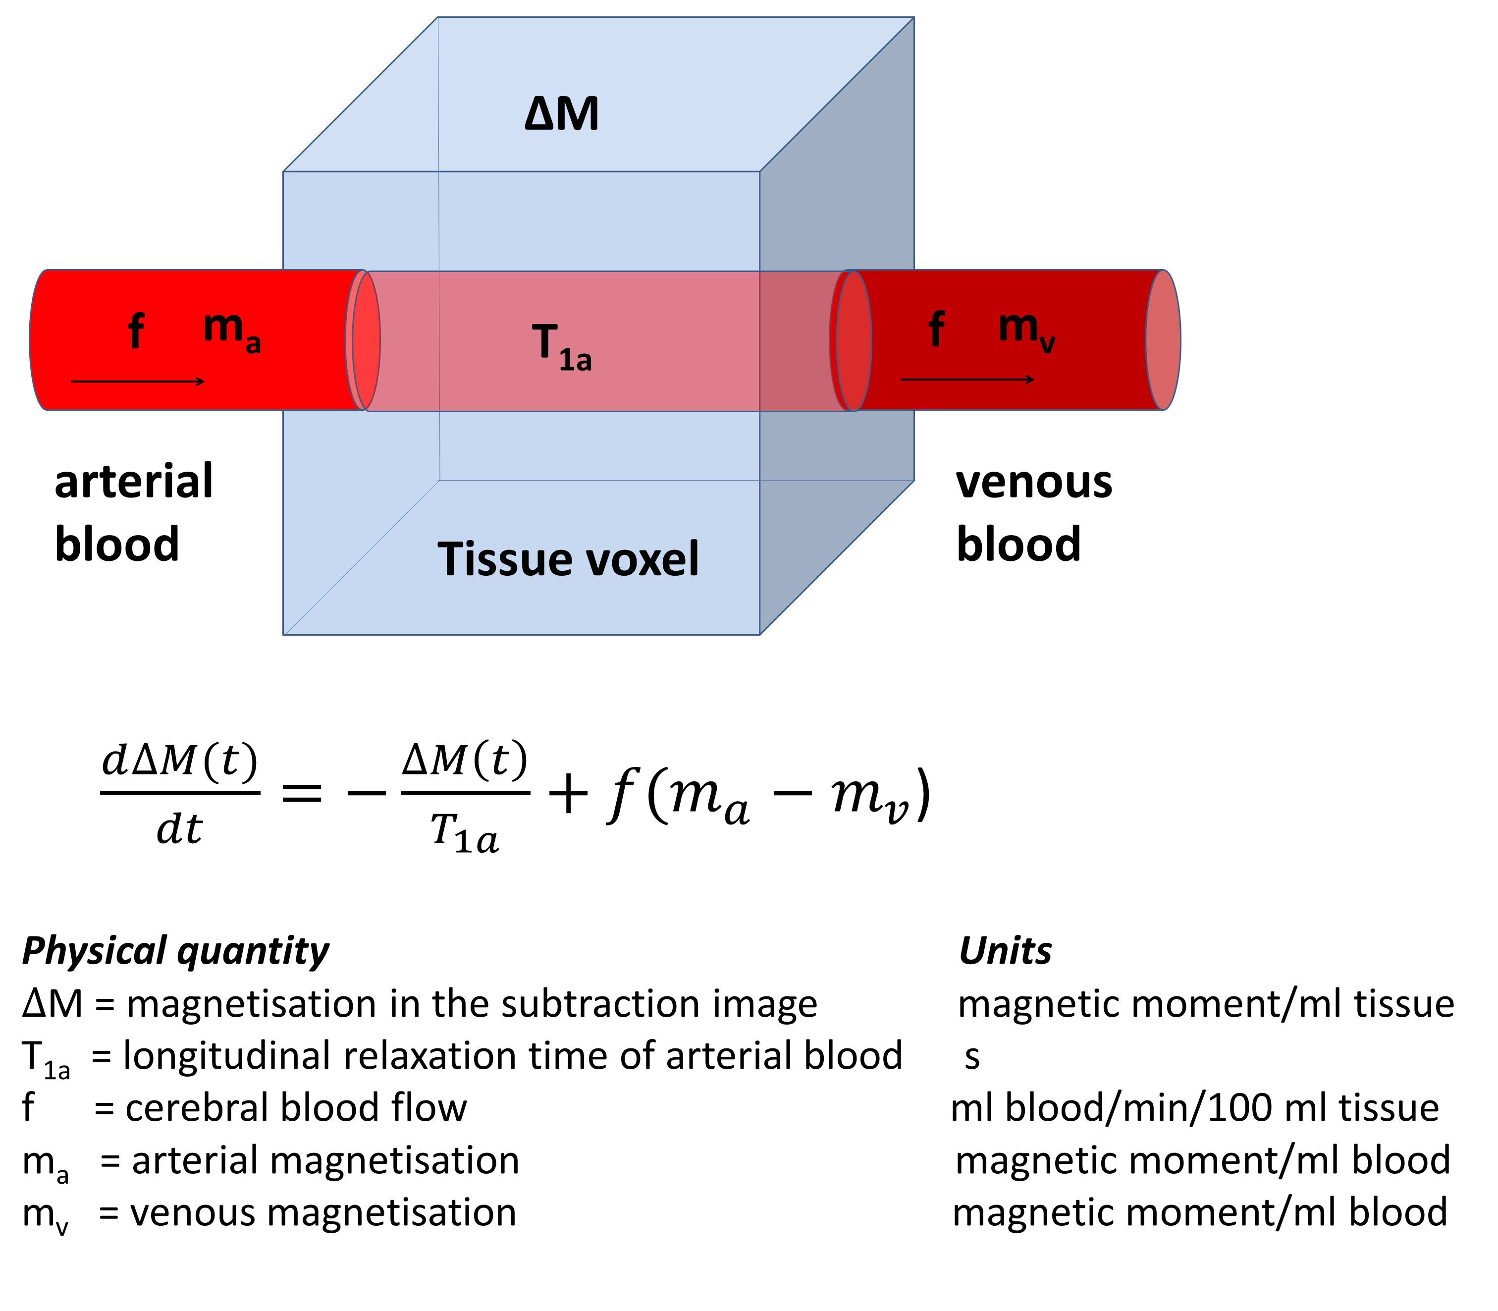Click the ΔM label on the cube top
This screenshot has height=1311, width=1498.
tap(562, 115)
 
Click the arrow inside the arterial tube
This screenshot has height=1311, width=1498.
tap(138, 381)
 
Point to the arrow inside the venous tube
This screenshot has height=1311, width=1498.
tap(967, 379)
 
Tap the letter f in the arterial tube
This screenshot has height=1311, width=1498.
tap(136, 330)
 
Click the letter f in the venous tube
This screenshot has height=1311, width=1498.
tap(936, 328)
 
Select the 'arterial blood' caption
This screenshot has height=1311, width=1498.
tap(134, 512)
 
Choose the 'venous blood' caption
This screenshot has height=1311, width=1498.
tap(1033, 512)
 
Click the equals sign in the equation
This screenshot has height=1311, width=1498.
tap(301, 792)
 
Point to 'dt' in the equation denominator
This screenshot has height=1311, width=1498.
tap(179, 829)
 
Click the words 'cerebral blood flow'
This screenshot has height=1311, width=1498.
tap(296, 1107)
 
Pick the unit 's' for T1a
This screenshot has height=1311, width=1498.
tap(971, 1056)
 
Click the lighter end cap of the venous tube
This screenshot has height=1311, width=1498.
tap(1163, 339)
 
